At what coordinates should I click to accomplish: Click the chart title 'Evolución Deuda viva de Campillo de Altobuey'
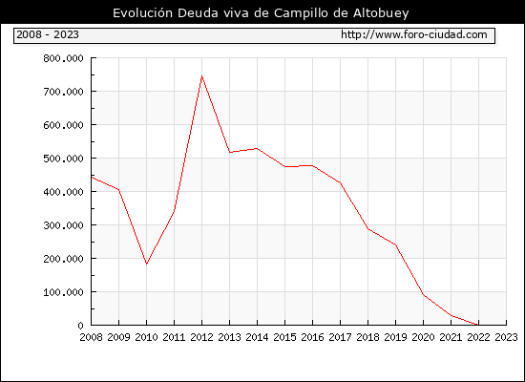tap(261, 13)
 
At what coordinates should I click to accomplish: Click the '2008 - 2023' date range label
tap(48, 34)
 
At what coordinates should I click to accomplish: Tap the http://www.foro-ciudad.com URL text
tap(414, 34)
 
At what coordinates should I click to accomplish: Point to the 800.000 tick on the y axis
tap(63, 58)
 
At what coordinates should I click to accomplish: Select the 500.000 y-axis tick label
tap(63, 159)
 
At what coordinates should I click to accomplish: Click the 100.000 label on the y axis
tap(63, 292)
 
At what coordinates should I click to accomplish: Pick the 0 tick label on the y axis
tap(80, 326)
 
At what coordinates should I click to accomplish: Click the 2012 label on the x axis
tap(202, 337)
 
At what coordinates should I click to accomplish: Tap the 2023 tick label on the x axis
tap(506, 337)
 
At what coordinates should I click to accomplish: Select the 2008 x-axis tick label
tap(91, 337)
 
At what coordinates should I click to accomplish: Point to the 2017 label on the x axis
tap(340, 337)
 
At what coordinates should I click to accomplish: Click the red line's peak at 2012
tap(202, 76)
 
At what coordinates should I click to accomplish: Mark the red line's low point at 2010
tap(146, 264)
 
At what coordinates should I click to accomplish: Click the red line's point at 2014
tap(257, 148)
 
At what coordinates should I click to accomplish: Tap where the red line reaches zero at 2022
tap(478, 325)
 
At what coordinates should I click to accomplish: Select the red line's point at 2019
tap(395, 244)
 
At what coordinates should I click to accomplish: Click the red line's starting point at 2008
tap(92, 177)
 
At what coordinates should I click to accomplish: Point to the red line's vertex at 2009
tap(119, 190)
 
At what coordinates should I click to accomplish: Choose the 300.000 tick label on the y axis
tap(63, 225)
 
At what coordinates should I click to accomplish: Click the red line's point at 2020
tap(423, 294)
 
